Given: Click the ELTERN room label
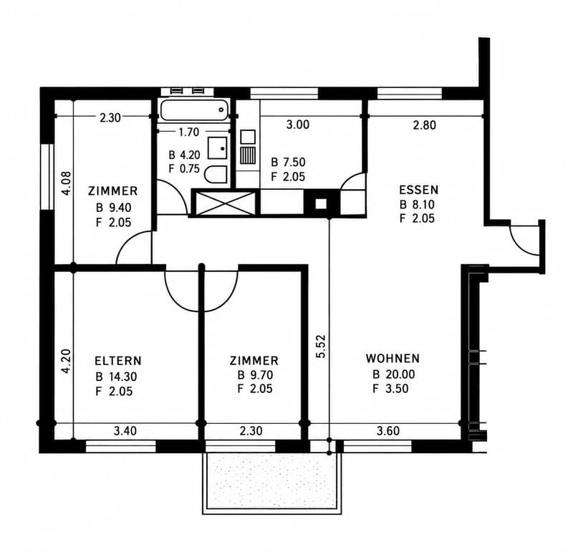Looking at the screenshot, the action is (117, 361).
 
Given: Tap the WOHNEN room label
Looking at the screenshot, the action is (393, 359).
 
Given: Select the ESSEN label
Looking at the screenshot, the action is (418, 190).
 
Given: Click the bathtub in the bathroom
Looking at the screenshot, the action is (195, 110).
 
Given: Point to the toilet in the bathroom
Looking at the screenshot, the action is (216, 174).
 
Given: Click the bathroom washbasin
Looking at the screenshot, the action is (218, 148).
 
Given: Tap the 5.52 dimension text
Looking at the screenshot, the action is (320, 347).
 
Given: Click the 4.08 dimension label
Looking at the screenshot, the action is (66, 183).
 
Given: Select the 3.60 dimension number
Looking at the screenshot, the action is (388, 431).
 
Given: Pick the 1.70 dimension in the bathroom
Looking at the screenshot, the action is (189, 132).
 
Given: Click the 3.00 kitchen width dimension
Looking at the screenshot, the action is (298, 125).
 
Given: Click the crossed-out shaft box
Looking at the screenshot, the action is (226, 203).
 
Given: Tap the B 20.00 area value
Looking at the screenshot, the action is (393, 374).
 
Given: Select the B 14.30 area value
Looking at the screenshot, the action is (116, 377).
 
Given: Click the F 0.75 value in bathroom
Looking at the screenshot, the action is (184, 169).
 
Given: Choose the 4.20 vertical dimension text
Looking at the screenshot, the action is (66, 362).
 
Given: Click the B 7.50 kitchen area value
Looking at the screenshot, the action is (288, 163).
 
